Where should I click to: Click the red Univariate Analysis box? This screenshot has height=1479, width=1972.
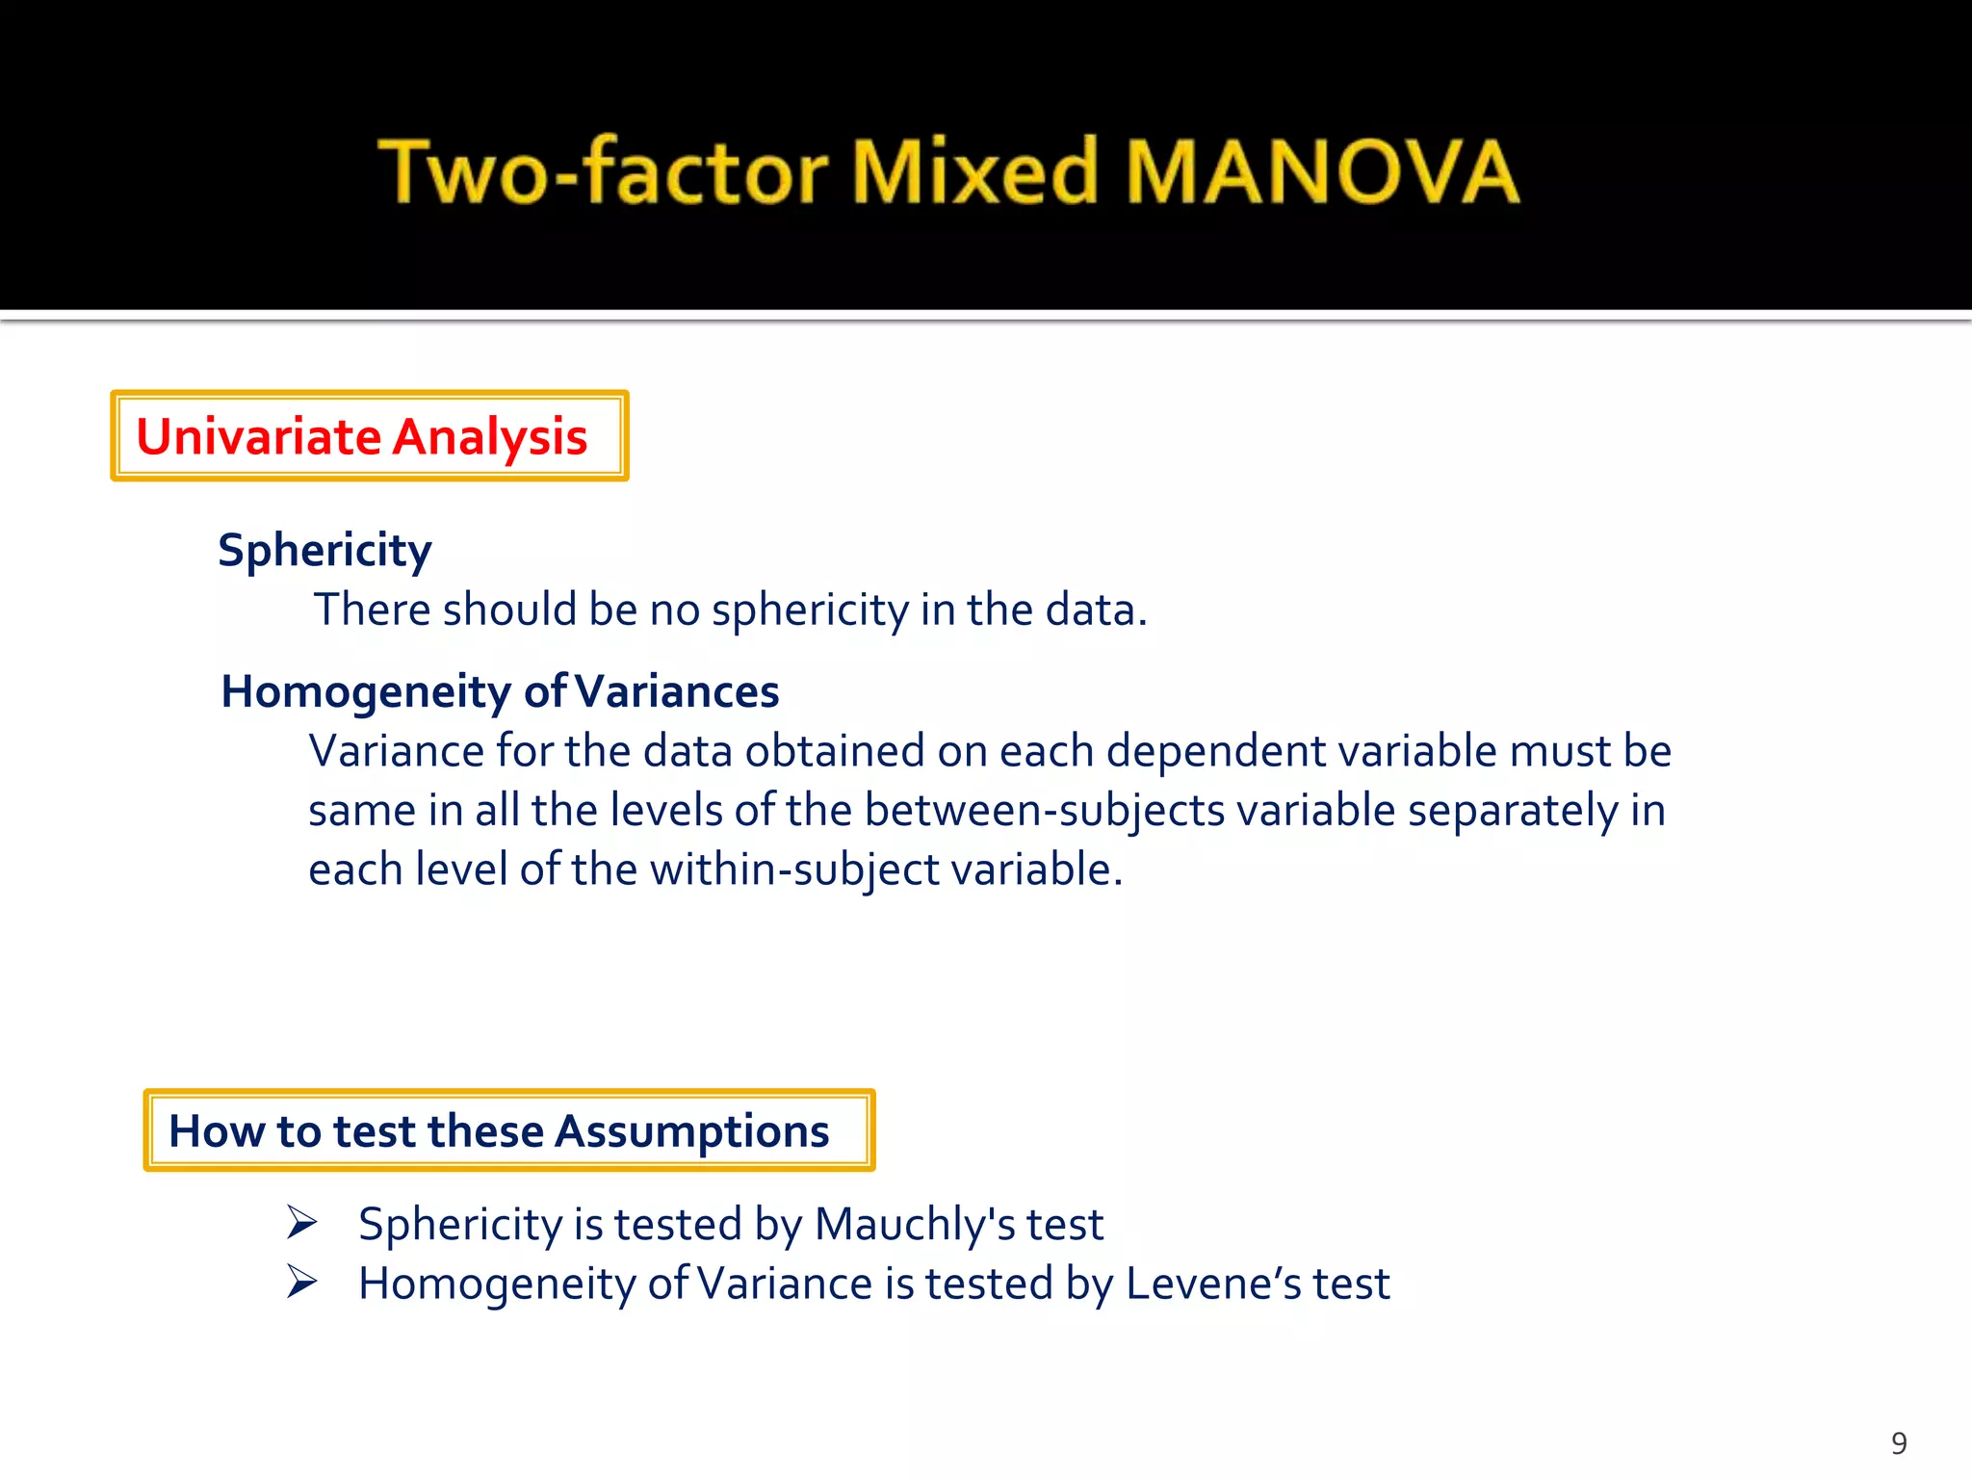coord(370,436)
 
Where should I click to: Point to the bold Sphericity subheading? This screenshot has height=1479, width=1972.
coord(324,551)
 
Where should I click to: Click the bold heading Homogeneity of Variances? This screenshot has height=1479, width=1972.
coord(500,691)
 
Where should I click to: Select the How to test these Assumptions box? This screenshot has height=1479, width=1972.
coord(508,1130)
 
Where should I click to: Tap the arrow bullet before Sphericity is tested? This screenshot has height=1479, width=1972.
coord(302,1223)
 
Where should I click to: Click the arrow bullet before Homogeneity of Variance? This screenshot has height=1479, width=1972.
coord(302,1283)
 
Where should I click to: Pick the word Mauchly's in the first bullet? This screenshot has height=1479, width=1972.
coord(915,1225)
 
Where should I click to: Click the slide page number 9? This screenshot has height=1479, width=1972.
coord(1899,1443)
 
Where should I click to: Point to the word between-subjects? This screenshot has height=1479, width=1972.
coord(1045,811)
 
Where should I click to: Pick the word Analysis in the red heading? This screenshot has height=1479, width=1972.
coord(490,437)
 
